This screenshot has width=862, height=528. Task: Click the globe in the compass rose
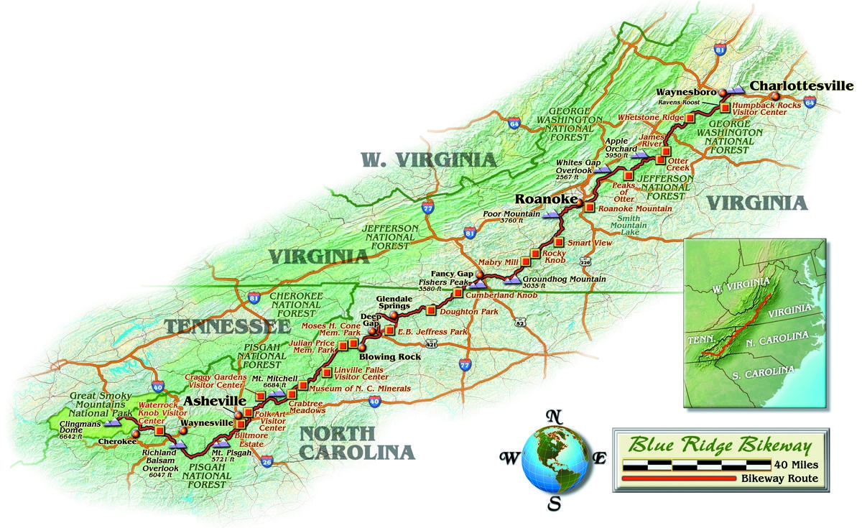tap(554, 455)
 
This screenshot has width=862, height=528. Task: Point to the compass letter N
tap(553, 415)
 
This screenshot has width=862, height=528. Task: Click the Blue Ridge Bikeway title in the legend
tap(720, 445)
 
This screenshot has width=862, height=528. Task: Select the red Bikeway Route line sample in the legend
tap(680, 478)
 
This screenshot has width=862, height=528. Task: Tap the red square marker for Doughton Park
tap(430, 310)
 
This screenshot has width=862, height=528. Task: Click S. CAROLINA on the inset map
tap(761, 373)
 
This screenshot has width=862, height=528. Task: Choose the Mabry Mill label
tap(495, 262)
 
